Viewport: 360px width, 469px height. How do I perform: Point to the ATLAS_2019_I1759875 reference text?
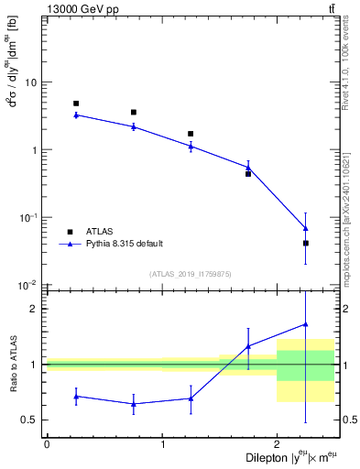tap(190, 274)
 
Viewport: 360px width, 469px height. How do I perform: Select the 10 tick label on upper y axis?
tap(30, 82)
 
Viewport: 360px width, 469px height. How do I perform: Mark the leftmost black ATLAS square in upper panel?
tap(76, 104)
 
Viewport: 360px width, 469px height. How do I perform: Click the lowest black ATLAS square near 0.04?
tap(305, 243)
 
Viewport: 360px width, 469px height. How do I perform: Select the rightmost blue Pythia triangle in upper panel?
tap(305, 228)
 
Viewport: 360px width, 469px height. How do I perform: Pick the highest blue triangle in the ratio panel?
tap(305, 323)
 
